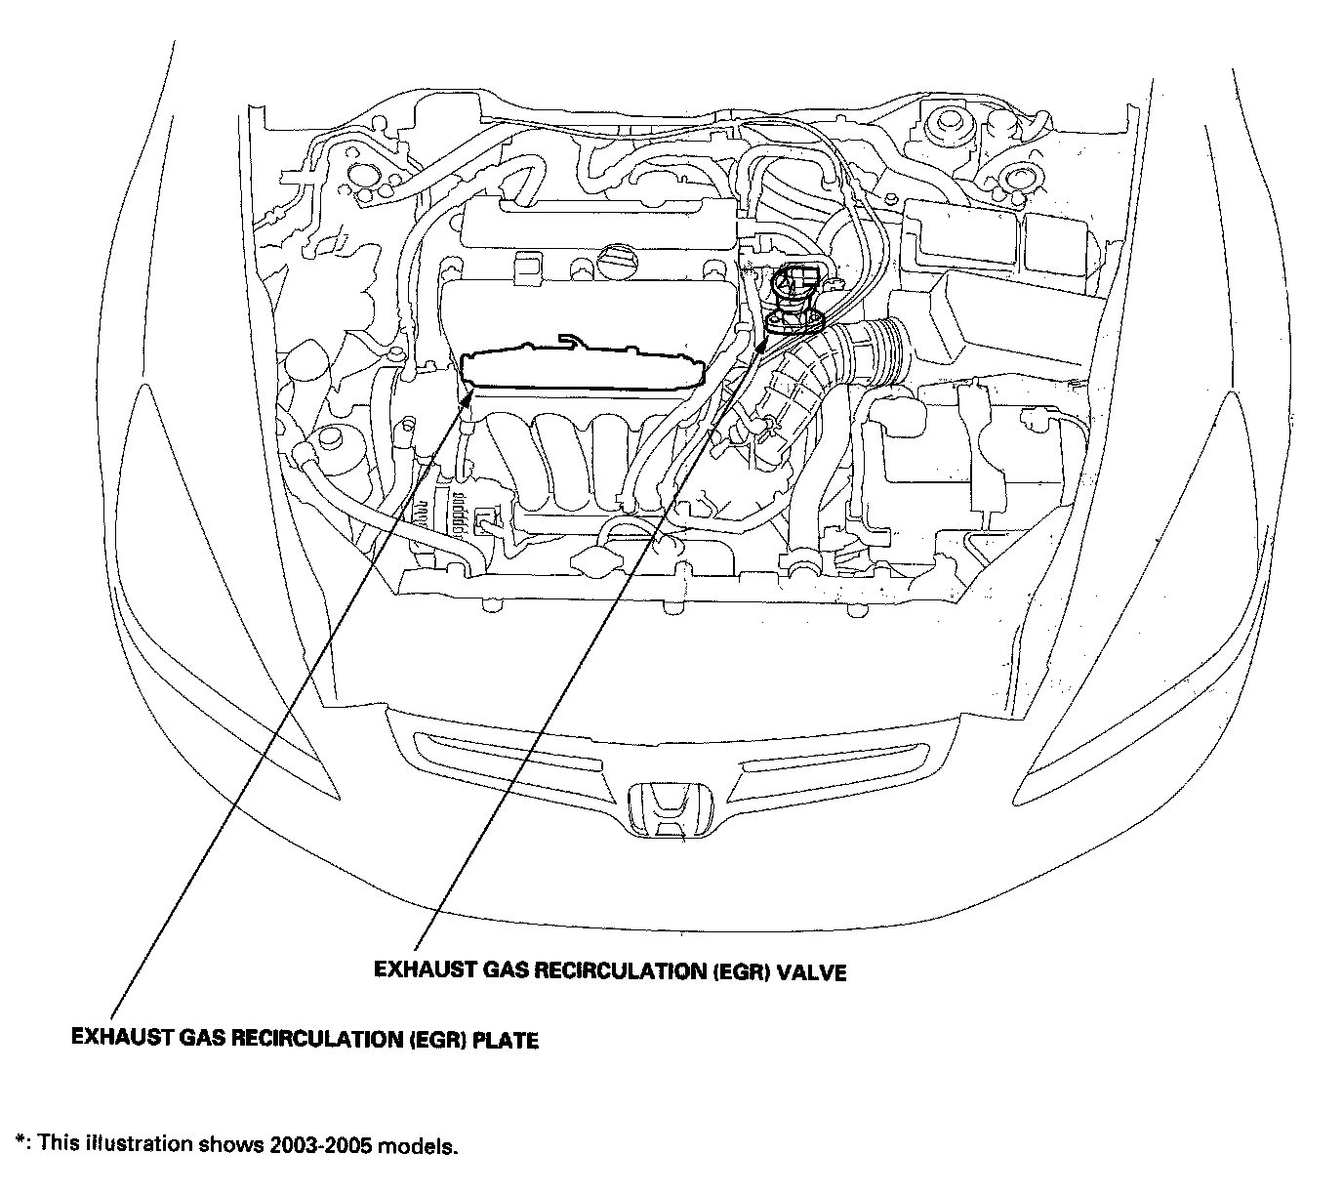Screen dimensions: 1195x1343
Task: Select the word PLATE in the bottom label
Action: tap(505, 1041)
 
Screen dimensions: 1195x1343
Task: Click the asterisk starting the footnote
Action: tap(20, 1140)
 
